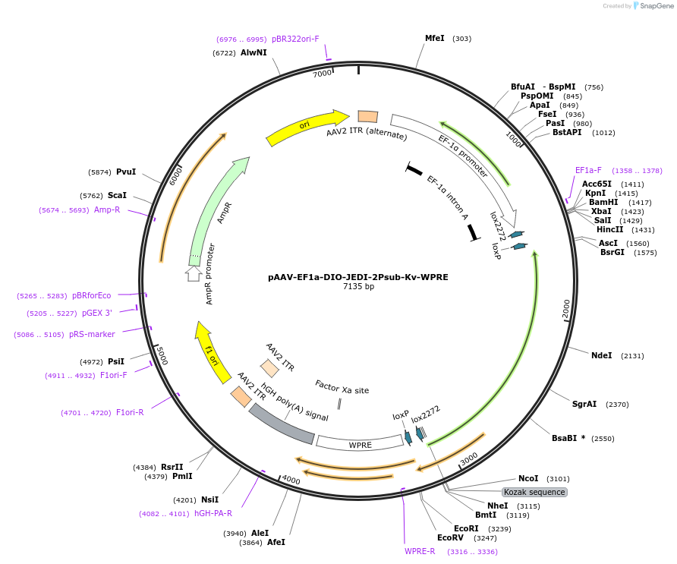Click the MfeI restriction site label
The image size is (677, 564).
(x=435, y=38)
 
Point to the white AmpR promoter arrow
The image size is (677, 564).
(x=194, y=273)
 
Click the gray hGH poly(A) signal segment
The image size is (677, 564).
(x=282, y=424)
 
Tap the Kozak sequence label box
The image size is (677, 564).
(x=534, y=492)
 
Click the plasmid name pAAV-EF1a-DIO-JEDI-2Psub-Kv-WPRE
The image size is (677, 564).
(x=358, y=277)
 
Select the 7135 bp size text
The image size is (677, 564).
(x=358, y=287)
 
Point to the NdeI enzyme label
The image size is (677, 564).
(x=601, y=355)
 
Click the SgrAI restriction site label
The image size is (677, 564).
(x=584, y=405)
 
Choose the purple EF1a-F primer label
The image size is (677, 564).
(x=588, y=171)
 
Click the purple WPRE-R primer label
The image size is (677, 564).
(x=420, y=551)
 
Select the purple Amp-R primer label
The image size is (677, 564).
(x=107, y=210)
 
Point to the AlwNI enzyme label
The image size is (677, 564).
(x=253, y=52)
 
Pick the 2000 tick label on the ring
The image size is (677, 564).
(x=565, y=308)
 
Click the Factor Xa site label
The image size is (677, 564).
(x=342, y=389)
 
